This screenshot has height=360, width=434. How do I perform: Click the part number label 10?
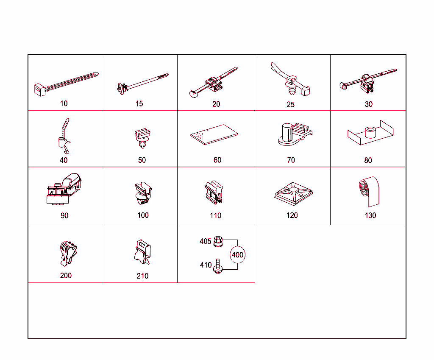pos(64,103)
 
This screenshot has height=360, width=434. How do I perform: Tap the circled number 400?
pos(238,255)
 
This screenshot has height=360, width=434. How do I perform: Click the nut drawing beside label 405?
pos(219,242)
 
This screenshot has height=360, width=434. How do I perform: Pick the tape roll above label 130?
pos(368,190)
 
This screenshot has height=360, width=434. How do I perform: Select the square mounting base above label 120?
pos(293,193)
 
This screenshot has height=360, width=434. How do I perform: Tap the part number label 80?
pos(368,160)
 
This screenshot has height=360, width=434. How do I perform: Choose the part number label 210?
pos(142,276)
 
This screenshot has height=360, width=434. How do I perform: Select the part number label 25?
pos(290,105)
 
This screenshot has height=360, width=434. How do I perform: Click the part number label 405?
pos(206,241)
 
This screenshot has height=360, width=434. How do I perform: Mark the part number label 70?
pos(291,160)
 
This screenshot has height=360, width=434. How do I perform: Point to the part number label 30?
pos(369,104)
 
